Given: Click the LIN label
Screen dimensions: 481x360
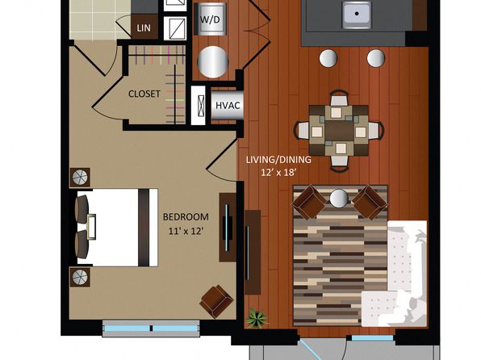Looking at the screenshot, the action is click(x=144, y=28).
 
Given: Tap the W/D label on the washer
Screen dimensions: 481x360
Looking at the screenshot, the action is click(x=210, y=19).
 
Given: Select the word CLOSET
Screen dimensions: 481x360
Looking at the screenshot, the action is click(x=144, y=94).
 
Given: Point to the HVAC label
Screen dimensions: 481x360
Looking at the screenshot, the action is click(x=228, y=105).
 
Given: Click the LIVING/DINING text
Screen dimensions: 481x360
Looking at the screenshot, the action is click(x=278, y=160).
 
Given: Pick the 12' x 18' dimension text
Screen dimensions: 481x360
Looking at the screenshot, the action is click(x=278, y=173).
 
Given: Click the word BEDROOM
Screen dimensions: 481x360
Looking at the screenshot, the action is click(x=186, y=217).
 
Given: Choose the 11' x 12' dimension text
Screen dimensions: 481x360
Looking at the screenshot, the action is click(x=186, y=231).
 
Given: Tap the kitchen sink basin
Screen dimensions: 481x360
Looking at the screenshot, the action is click(x=357, y=14).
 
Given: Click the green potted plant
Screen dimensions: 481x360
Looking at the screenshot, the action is click(x=257, y=318).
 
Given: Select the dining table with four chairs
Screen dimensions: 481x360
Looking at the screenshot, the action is click(x=339, y=131).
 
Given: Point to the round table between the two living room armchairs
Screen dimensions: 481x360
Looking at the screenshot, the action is click(x=339, y=198).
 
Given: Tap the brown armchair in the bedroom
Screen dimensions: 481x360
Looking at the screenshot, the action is click(x=216, y=301).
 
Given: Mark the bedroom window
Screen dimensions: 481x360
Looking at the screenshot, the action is click(x=151, y=329).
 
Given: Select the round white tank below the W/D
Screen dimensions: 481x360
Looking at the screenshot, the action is click(x=212, y=61).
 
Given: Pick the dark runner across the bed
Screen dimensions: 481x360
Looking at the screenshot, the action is click(x=144, y=228).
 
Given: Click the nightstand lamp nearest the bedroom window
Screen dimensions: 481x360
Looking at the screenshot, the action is click(x=80, y=277).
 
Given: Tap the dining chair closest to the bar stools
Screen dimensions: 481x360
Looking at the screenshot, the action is click(x=339, y=98).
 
